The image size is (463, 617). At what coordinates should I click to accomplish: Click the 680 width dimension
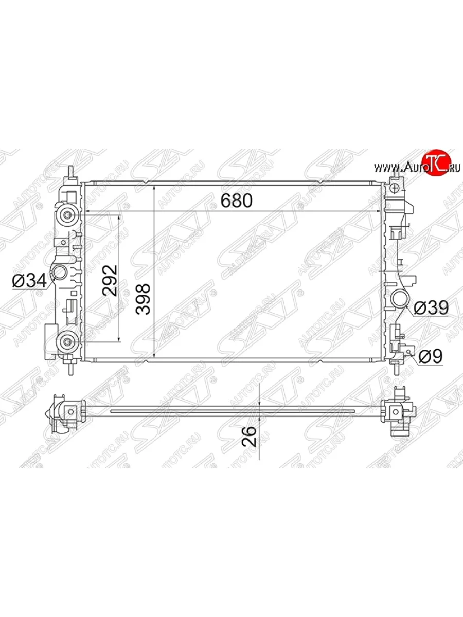point(237,201)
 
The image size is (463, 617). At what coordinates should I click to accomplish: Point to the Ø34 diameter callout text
point(29,281)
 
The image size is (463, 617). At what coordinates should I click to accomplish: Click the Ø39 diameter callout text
point(431,307)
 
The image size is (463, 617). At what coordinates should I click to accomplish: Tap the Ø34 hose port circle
point(59,272)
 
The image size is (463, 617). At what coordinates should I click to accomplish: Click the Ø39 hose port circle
point(401,299)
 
